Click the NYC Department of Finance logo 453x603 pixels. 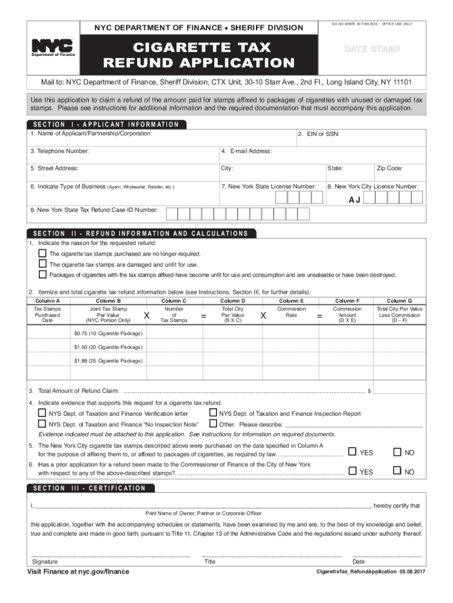52,47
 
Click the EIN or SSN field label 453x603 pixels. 318,135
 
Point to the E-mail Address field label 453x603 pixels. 247,151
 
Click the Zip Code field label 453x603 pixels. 389,168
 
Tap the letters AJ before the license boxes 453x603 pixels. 354,200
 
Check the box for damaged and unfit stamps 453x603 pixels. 42,264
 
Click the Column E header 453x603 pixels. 291,301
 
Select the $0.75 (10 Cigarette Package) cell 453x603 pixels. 108,333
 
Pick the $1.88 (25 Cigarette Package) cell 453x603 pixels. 108,360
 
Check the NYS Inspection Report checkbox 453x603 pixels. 214,413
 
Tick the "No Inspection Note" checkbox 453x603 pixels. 42,424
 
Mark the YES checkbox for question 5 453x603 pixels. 352,452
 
